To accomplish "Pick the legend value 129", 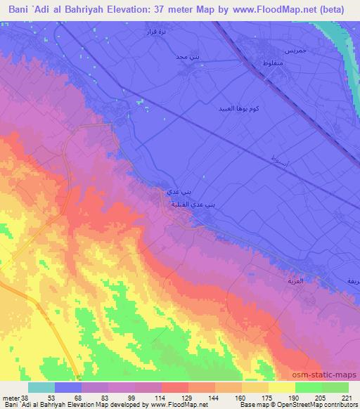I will (x=178, y=397).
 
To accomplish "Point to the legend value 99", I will (x=124, y=397).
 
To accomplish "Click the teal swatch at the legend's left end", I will (x=41, y=387).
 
